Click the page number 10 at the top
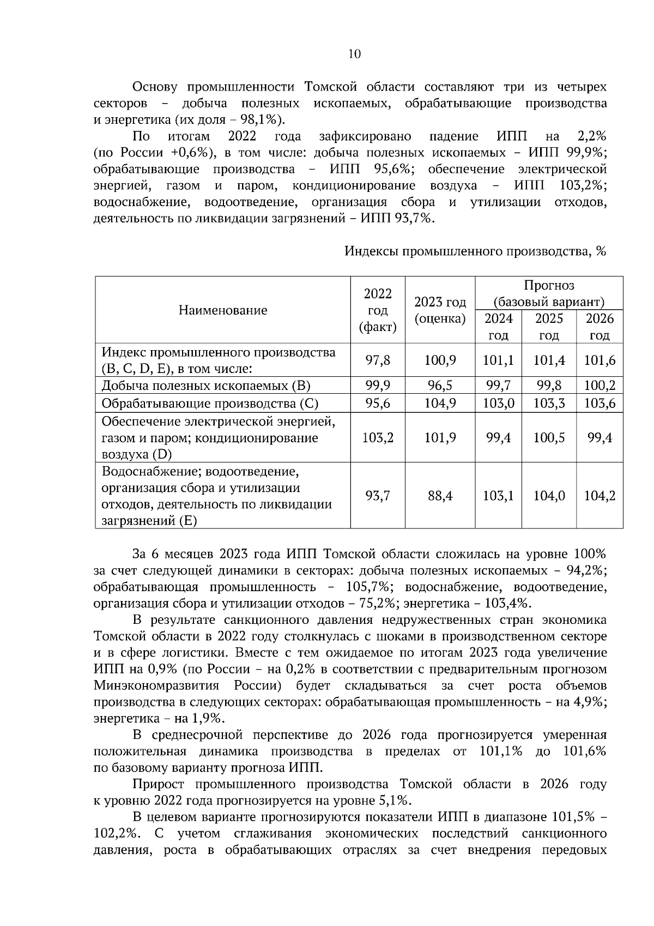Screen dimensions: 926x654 tap(354, 54)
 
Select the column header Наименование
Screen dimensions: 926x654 tap(223, 310)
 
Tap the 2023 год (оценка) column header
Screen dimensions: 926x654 tap(440, 310)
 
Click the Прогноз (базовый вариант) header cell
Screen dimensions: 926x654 tap(549, 293)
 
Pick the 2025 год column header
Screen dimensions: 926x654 tap(549, 326)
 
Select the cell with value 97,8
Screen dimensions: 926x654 tap(378, 360)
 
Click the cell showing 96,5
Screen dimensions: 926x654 tap(440, 386)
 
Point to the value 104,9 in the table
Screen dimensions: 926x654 tap(440, 404)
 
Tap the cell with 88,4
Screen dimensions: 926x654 tap(440, 496)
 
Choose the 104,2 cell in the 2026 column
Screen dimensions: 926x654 tap(599, 496)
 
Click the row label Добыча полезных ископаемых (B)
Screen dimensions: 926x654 tap(206, 386)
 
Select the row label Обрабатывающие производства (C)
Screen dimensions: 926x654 tap(210, 404)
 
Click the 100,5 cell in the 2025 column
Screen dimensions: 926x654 tap(549, 437)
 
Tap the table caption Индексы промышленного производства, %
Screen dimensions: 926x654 tap(475, 251)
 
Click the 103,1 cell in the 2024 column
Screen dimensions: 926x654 tap(498, 496)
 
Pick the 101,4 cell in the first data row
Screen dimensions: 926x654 tap(549, 360)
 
